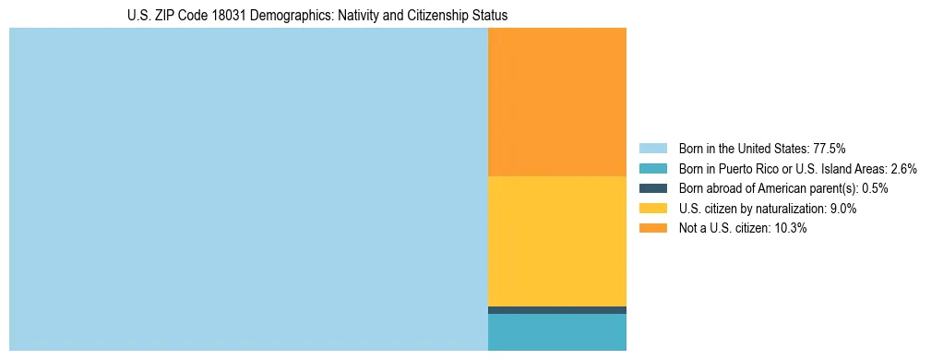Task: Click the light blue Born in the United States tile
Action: [248, 189]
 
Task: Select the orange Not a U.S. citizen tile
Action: [556, 102]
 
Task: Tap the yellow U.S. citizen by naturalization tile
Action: [556, 240]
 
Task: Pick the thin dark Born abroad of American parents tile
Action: [556, 310]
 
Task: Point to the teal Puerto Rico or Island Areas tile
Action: [556, 332]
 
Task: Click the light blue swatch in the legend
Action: [652, 149]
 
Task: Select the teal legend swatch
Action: [652, 169]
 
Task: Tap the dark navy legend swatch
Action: [652, 188]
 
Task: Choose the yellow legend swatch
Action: [652, 209]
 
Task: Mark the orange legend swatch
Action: [652, 229]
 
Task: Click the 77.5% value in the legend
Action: [829, 149]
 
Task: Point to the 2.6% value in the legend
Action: [903, 169]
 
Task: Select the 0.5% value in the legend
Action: [875, 188]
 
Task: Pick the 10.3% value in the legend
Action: [790, 229]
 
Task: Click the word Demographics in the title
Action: [256, 16]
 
